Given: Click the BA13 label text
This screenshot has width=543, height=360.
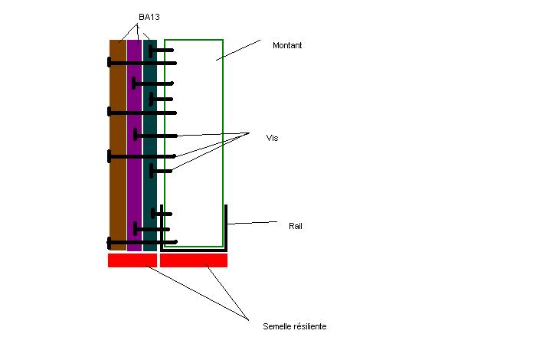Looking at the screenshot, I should tap(149, 17).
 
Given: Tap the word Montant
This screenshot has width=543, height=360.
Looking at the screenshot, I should tap(287, 46).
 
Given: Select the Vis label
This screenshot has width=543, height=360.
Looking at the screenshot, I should tap(272, 138).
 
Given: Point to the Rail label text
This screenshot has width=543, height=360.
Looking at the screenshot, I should tap(296, 226).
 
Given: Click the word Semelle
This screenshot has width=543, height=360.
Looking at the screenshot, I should tap(276, 327).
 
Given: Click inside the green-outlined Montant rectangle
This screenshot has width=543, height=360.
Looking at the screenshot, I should tap(195, 153).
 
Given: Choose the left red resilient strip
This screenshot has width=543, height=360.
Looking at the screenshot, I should tap(132, 260).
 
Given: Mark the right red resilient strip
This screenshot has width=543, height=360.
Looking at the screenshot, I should tap(194, 260).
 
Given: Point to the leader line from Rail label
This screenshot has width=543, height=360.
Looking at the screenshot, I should tap(253, 223).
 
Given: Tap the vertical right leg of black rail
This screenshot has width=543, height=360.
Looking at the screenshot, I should tap(226, 226).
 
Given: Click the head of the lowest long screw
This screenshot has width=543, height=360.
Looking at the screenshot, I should tap(110, 243).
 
